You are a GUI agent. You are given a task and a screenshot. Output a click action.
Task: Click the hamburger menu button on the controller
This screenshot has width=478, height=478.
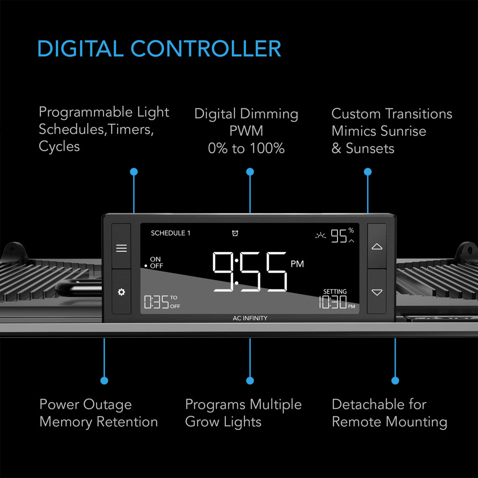click(x=121, y=248)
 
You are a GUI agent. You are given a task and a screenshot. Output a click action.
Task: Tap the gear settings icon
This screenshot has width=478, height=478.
click(x=121, y=292)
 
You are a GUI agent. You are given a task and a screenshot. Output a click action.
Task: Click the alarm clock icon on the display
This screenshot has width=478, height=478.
click(x=235, y=233)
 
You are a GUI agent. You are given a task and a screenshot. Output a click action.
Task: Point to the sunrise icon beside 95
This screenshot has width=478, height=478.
click(x=320, y=235)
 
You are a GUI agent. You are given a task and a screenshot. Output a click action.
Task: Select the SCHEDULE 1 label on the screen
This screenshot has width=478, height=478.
click(x=170, y=233)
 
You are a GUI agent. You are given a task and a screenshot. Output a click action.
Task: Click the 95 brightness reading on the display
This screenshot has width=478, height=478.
click(x=339, y=236)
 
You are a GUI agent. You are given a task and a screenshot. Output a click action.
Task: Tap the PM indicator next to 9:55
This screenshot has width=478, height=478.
click(x=297, y=264)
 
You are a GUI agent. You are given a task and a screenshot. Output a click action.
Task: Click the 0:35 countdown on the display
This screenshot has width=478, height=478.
click(x=156, y=302)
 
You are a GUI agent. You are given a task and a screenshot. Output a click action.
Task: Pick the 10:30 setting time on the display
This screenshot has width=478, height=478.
click(x=332, y=302)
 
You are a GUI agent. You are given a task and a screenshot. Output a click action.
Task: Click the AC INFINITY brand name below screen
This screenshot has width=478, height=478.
click(x=250, y=318)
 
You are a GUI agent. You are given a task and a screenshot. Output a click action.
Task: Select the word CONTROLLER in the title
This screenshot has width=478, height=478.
click(x=206, y=49)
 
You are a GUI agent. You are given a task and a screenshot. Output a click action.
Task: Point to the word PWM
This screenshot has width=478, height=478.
click(x=246, y=131)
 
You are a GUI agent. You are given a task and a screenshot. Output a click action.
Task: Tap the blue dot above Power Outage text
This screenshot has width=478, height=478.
click(x=104, y=380)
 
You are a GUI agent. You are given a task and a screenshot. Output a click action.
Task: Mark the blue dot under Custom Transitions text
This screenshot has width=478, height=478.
click(x=368, y=172)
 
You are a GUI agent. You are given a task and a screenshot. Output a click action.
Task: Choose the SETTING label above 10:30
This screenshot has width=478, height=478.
click(x=335, y=291)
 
